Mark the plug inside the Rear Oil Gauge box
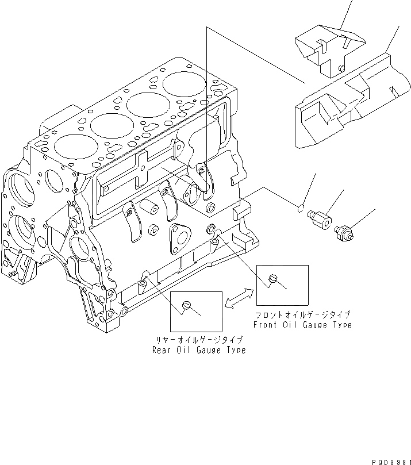pos(186,305)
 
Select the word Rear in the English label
pos(162,350)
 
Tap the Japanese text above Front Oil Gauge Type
pos(303,315)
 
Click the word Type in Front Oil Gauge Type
pos(339,325)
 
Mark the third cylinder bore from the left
pos(147,105)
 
